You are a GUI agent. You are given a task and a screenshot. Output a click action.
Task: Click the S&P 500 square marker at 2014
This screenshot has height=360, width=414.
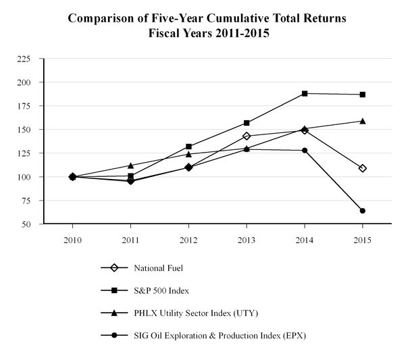[x=305, y=93]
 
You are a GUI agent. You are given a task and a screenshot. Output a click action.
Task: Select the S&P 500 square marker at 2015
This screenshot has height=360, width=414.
[x=363, y=95]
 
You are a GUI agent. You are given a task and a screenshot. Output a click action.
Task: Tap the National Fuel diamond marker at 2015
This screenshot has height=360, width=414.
[x=363, y=168]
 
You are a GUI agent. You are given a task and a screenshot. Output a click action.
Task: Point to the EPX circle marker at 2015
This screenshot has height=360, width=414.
[x=363, y=211]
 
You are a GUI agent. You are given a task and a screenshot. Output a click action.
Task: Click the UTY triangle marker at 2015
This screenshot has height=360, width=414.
[x=363, y=121]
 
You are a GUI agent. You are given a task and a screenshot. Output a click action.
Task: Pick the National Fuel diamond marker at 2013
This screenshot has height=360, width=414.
[x=247, y=136]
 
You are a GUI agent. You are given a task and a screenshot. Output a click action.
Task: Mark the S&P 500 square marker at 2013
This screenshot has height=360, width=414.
[x=247, y=123]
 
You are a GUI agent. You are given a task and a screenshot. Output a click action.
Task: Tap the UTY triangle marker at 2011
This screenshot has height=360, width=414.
[x=130, y=165]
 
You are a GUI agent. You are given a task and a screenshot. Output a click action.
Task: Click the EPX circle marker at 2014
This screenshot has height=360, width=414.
[x=305, y=151]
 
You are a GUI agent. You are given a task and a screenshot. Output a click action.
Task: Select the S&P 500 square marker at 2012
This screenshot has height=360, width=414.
[x=188, y=147]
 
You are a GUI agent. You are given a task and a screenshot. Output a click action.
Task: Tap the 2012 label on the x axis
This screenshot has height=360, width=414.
[x=188, y=240]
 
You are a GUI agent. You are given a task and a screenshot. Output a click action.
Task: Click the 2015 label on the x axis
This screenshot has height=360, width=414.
[x=363, y=240]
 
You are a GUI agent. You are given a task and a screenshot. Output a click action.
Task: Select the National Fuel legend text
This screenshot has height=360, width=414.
[x=159, y=268]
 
